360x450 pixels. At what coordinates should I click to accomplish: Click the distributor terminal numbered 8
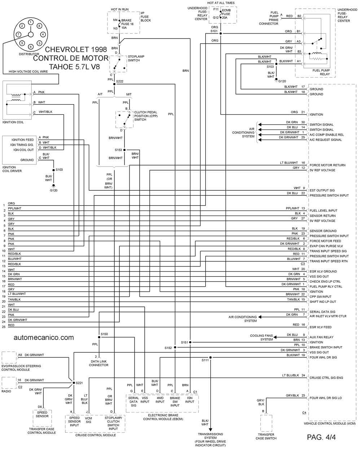click(39, 26)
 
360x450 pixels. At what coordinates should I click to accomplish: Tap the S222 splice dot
click(114, 84)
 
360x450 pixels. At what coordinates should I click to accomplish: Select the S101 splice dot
click(221, 34)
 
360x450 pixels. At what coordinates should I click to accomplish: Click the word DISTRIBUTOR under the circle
click(29, 54)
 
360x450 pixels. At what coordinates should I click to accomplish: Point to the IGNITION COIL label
click(13, 122)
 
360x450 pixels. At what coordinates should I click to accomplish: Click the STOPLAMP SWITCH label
click(136, 58)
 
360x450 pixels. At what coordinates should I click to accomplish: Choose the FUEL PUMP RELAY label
click(321, 72)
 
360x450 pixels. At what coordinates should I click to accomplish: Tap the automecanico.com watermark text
click(44, 337)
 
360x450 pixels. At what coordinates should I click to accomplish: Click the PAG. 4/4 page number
click(321, 437)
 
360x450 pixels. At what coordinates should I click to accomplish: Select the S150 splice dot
click(99, 337)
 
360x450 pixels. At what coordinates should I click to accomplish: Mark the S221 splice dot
click(74, 383)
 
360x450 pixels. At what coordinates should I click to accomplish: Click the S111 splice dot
click(210, 357)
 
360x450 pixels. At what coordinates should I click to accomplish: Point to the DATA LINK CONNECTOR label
click(98, 363)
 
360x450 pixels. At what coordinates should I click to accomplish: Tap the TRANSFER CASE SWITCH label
click(266, 436)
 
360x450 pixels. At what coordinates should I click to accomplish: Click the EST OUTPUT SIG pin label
click(322, 190)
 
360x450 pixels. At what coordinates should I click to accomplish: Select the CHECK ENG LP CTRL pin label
click(325, 282)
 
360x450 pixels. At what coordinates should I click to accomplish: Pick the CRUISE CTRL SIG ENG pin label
click(326, 378)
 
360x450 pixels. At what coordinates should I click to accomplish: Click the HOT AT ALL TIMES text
click(221, 3)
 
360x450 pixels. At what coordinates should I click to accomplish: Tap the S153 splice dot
click(124, 150)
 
